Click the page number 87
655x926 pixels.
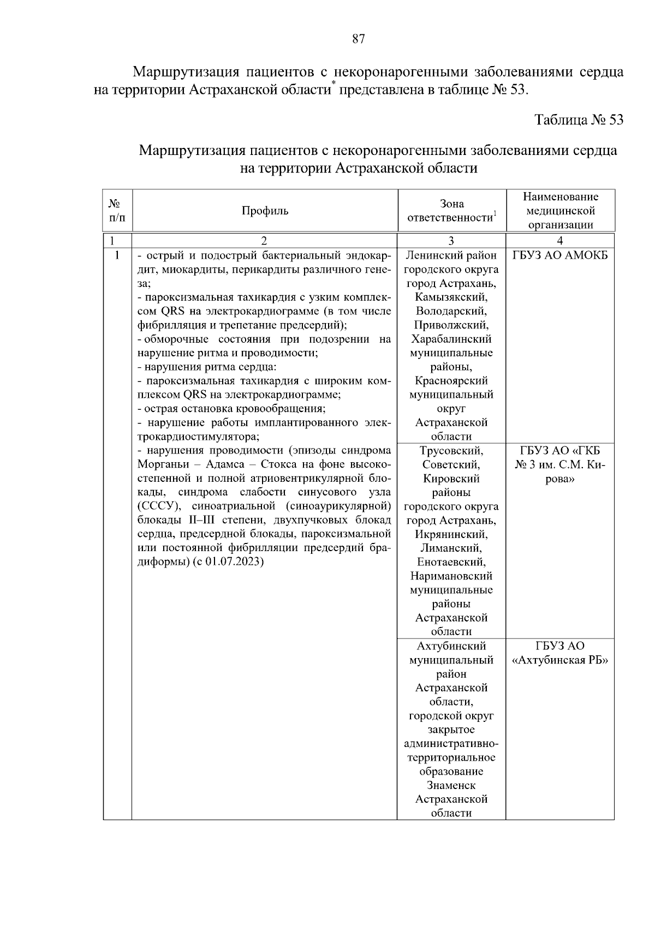[358, 39]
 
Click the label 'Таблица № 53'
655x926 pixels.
[579, 120]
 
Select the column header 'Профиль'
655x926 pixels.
[265, 211]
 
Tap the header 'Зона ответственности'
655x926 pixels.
[451, 211]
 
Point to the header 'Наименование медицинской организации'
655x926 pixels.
[560, 211]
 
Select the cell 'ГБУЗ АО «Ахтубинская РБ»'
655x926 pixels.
[560, 653]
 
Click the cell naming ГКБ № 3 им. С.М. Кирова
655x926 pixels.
[560, 465]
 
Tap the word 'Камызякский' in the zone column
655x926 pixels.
[451, 297]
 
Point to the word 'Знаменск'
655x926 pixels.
[451, 786]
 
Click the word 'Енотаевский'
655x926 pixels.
[451, 562]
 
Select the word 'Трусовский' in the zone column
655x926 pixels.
[451, 451]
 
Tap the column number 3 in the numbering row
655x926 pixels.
[451, 241]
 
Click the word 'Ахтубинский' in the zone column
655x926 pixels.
[451, 647]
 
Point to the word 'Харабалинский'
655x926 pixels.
[451, 339]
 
